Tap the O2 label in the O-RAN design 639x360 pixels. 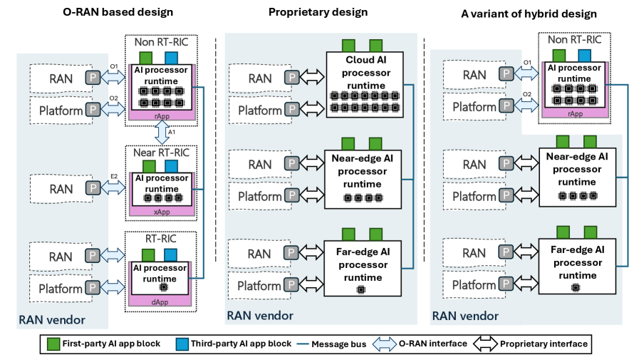114,98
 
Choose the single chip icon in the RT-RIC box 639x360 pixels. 163,287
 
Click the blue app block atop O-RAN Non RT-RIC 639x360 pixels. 172,56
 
